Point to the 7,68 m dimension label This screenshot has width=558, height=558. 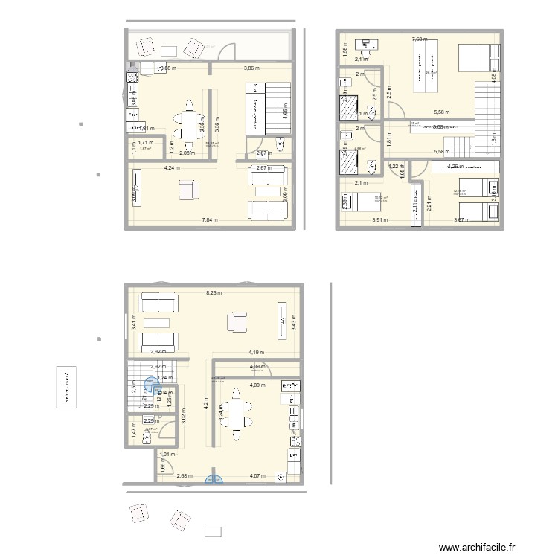[422, 39]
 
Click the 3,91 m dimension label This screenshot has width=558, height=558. [381, 219]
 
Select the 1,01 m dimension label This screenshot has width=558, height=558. [167, 454]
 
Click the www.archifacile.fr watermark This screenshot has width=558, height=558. [477, 547]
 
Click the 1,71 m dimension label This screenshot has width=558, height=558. [146, 142]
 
